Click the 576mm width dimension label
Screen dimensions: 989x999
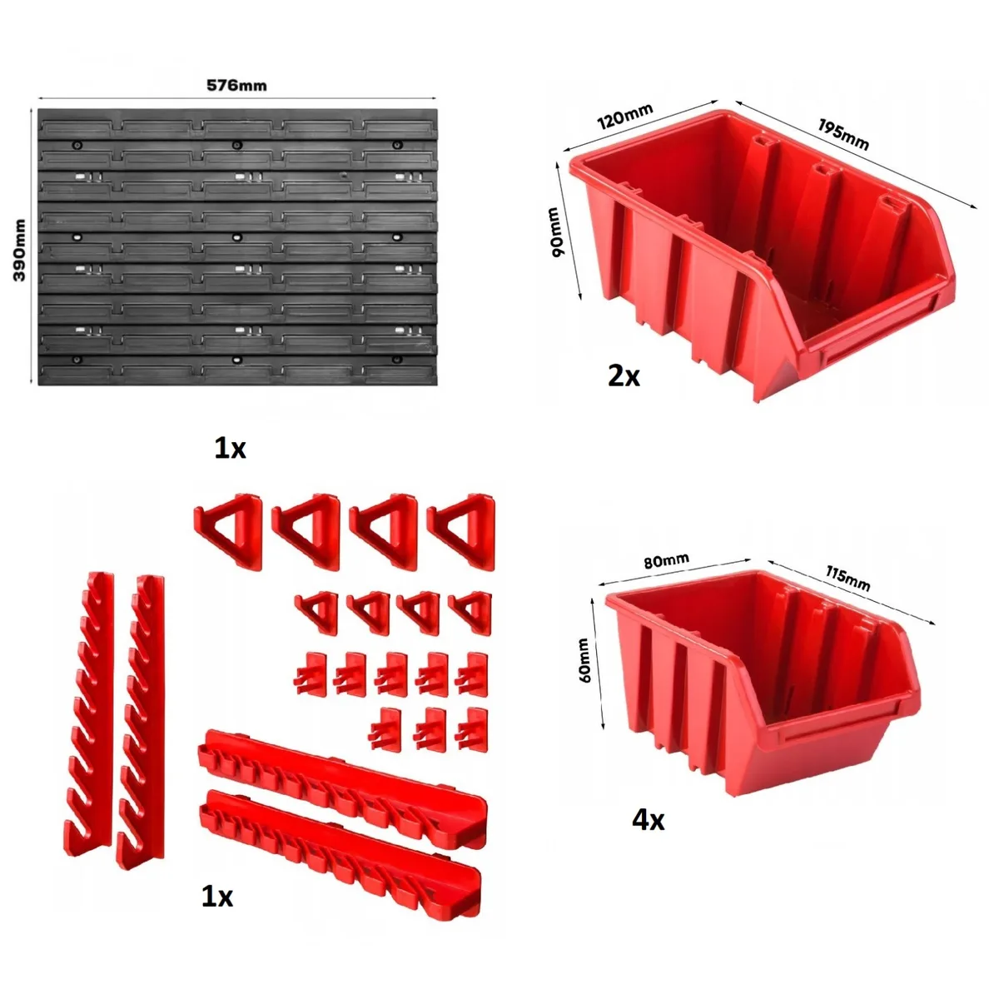[x=236, y=85]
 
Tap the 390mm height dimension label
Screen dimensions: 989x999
[x=19, y=250]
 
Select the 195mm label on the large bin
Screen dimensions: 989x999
[x=842, y=134]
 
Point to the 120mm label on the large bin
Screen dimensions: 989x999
[x=624, y=116]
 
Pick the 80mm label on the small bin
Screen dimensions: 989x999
[x=667, y=560]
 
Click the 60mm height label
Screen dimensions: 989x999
[x=584, y=659]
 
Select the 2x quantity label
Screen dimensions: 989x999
[x=624, y=376]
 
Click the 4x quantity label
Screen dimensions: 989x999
[x=649, y=820]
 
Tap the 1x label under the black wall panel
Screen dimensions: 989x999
[x=230, y=449]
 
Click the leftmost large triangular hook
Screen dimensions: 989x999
[x=228, y=531]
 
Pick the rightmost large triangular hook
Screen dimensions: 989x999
[x=461, y=531]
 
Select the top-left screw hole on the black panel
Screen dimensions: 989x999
[x=77, y=145]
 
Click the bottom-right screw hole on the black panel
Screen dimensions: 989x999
[x=397, y=360]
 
